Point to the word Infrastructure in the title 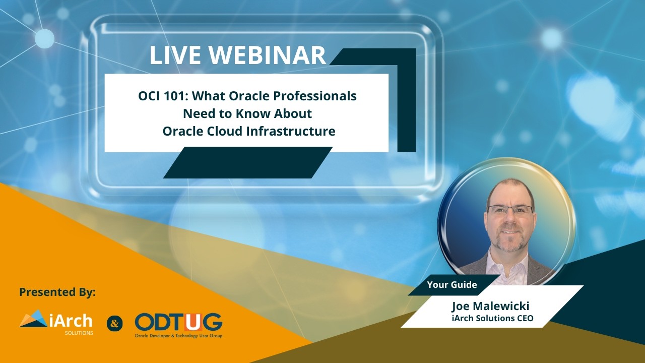pyautogui.click(x=291, y=131)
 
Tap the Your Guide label pyautogui.click(x=451, y=285)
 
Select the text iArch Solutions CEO pyautogui.click(x=493, y=318)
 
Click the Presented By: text pyautogui.click(x=57, y=292)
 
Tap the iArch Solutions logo pyautogui.click(x=56, y=323)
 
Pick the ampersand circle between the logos pyautogui.click(x=114, y=324)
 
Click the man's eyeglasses pyautogui.click(x=509, y=210)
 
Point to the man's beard pyautogui.click(x=509, y=242)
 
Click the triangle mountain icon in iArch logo pyautogui.click(x=33, y=319)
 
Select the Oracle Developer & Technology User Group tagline pyautogui.click(x=178, y=336)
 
